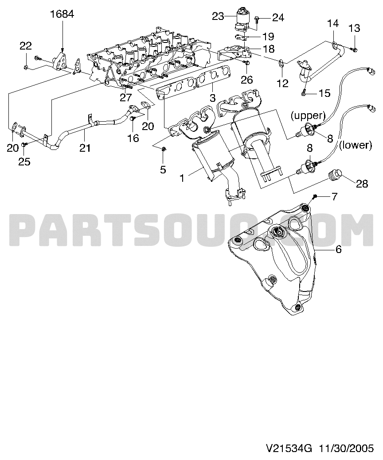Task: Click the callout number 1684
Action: [62, 14]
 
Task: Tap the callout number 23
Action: [218, 16]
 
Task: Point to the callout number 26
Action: [247, 79]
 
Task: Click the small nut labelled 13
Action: [354, 49]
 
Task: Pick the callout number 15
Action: [324, 93]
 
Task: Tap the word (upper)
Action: [308, 115]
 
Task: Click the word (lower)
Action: [356, 145]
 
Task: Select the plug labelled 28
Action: [334, 175]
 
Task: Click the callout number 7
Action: [335, 196]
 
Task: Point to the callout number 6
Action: [338, 249]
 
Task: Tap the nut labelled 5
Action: [164, 149]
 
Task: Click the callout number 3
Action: [212, 97]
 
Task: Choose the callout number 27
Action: [125, 97]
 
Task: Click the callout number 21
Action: [85, 148]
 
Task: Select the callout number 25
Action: [24, 161]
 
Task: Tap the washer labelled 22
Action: [26, 68]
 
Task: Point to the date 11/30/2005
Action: [347, 448]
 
